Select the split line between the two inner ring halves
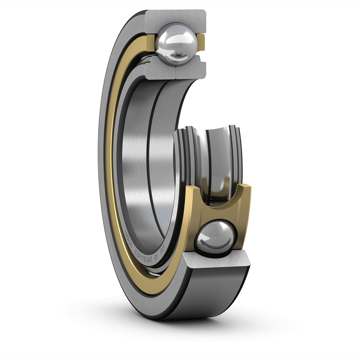(175, 70)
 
